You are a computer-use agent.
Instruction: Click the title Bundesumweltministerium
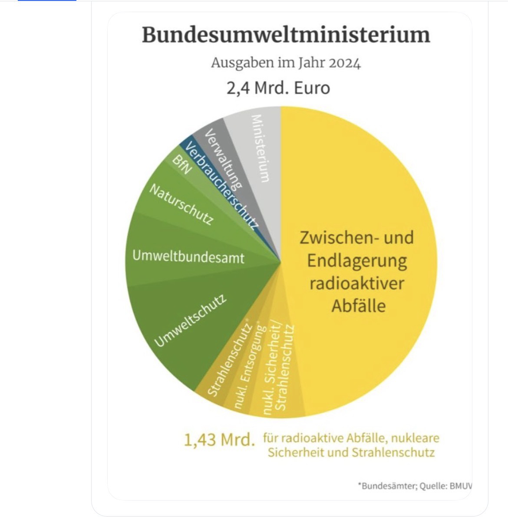click(286, 35)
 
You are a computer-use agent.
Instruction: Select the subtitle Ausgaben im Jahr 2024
click(286, 63)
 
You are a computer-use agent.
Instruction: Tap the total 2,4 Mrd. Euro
click(278, 88)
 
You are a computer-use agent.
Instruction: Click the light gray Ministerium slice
click(261, 148)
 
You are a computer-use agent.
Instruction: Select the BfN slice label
click(181, 165)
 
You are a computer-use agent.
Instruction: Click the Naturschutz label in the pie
click(181, 204)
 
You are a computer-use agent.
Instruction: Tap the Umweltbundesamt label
click(188, 257)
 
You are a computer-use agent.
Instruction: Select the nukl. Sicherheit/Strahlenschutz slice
click(278, 369)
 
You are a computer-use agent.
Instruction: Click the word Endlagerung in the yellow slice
click(357, 261)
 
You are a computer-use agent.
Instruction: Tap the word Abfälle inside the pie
click(359, 306)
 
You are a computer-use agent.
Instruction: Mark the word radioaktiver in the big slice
click(356, 283)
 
